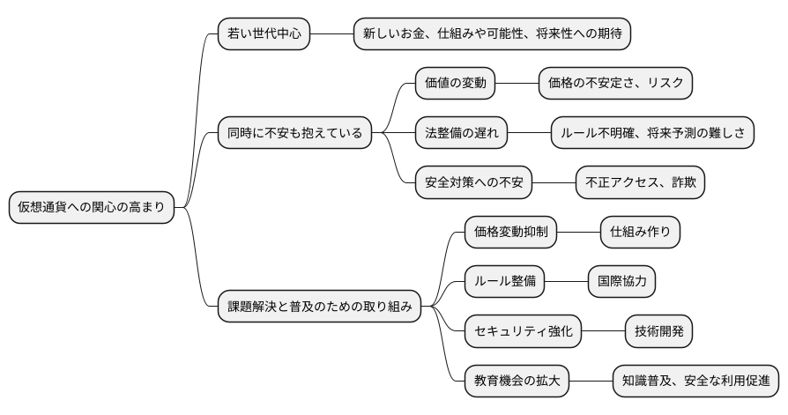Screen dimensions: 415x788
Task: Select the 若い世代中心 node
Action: [x=264, y=33]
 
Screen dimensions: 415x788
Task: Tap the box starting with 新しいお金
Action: [x=493, y=33]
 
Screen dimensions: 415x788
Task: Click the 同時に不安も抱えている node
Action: [x=294, y=133]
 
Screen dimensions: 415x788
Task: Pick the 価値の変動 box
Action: [x=455, y=84]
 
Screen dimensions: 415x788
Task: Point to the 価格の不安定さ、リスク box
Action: [x=615, y=84]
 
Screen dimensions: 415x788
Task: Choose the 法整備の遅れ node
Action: [x=461, y=133]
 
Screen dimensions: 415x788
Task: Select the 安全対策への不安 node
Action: [x=473, y=183]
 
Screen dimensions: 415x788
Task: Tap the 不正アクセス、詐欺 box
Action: [x=640, y=183]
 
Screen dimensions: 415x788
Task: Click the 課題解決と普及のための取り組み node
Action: [x=319, y=308]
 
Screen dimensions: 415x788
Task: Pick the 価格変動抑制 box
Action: [x=510, y=233]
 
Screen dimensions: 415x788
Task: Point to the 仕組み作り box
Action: [x=640, y=233]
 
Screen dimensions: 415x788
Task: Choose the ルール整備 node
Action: [x=504, y=282]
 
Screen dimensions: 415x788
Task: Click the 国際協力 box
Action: [x=621, y=282]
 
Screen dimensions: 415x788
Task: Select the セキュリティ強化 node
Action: [x=523, y=332]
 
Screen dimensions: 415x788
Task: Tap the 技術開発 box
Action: [x=658, y=332]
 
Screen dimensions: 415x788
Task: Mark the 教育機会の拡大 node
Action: [x=517, y=382]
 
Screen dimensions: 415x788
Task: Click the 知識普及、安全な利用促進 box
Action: [x=696, y=382]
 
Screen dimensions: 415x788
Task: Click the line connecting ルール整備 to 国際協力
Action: [x=566, y=282]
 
